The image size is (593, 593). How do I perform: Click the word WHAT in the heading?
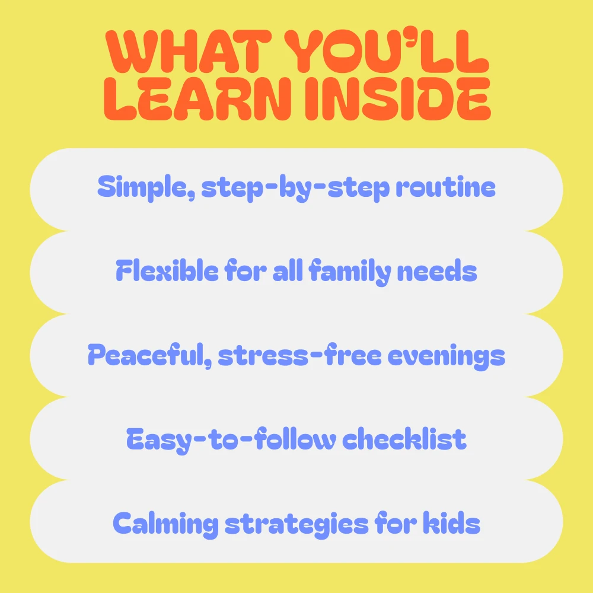click(189, 52)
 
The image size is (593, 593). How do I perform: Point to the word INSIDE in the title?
click(398, 99)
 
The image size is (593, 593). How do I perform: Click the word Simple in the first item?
click(146, 188)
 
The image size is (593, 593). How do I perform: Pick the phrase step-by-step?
click(295, 188)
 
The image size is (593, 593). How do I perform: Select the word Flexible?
click(167, 270)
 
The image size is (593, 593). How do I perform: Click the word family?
click(350, 272)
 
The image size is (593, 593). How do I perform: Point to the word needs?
click(437, 271)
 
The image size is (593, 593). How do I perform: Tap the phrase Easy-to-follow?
click(231, 440)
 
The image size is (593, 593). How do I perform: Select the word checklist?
click(404, 439)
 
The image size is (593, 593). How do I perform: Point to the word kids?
click(451, 522)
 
